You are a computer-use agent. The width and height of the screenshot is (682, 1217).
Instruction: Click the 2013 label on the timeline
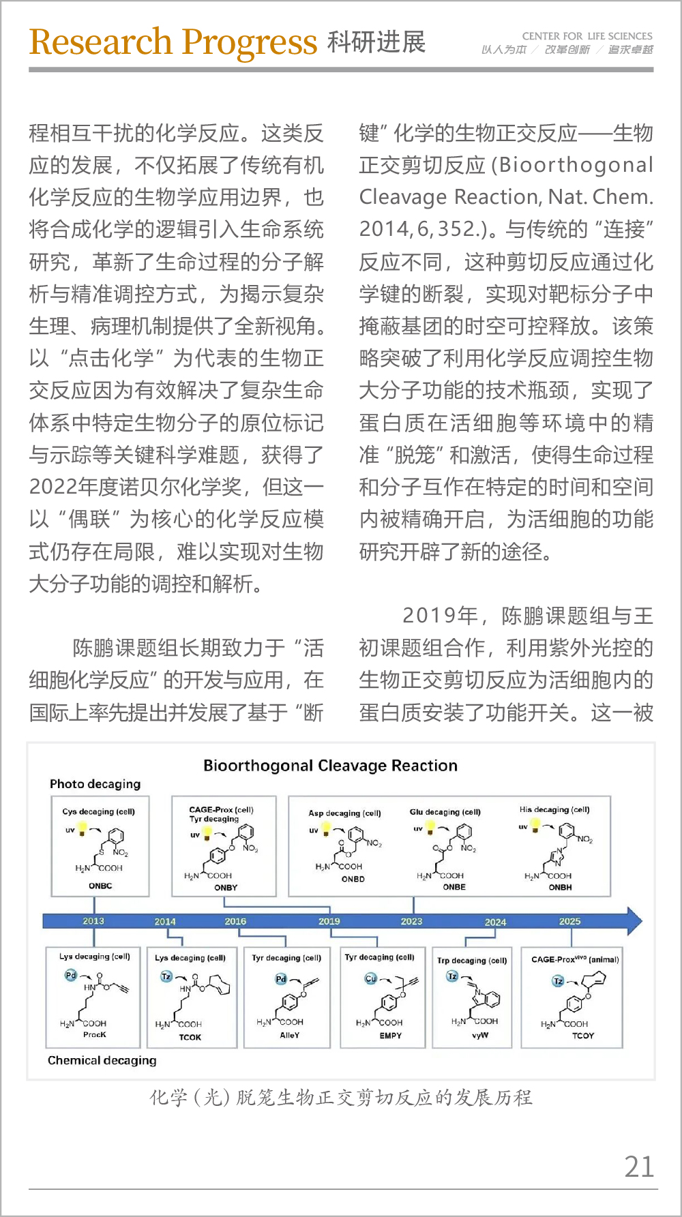pyautogui.click(x=93, y=920)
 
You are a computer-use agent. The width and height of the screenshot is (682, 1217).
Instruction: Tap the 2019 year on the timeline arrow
pyautogui.click(x=329, y=921)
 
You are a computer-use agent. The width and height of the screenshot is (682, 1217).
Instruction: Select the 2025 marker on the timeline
pyautogui.click(x=569, y=921)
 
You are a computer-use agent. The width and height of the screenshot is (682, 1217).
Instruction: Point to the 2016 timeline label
pyautogui.click(x=235, y=921)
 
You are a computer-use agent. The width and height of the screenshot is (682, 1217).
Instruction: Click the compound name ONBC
pyautogui.click(x=100, y=886)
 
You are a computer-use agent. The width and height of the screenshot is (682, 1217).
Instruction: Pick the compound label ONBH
pyautogui.click(x=560, y=887)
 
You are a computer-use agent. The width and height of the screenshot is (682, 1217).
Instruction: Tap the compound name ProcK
pyautogui.click(x=95, y=1034)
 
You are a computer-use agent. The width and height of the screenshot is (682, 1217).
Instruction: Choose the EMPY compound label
pyautogui.click(x=391, y=1036)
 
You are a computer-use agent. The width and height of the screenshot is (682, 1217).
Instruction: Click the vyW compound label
pyautogui.click(x=480, y=1035)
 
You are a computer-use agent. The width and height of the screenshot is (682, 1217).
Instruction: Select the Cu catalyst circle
pyautogui.click(x=370, y=978)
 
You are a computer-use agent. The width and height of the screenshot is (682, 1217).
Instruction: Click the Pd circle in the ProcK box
pyautogui.click(x=71, y=975)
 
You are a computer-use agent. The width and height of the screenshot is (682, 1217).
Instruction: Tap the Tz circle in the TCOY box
pyautogui.click(x=558, y=981)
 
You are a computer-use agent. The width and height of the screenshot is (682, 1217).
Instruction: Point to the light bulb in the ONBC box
pyautogui.click(x=83, y=829)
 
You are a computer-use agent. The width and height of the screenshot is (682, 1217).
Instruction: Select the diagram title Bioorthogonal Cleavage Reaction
pyautogui.click(x=330, y=766)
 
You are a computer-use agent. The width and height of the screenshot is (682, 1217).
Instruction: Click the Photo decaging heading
pyautogui.click(x=95, y=784)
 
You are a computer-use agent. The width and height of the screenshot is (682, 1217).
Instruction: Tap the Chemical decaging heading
pyautogui.click(x=102, y=1060)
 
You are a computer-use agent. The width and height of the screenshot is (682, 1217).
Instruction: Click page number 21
pyautogui.click(x=639, y=1167)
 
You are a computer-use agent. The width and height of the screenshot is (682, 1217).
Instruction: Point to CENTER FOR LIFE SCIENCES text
pyautogui.click(x=587, y=36)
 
